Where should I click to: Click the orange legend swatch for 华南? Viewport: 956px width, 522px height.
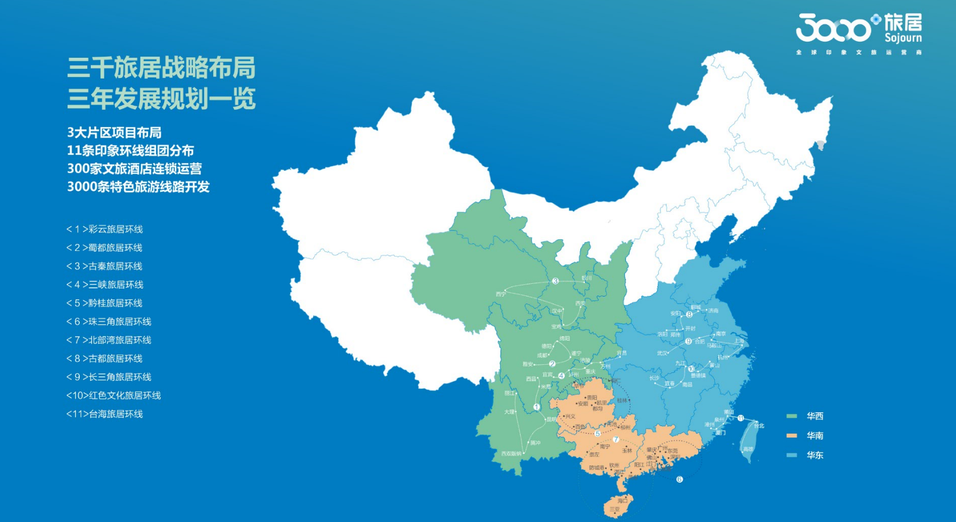coord(792,436)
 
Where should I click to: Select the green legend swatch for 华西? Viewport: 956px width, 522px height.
coord(792,416)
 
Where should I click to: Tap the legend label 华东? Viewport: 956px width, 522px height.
coord(815,456)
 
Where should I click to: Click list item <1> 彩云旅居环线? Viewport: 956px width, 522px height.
coord(105,229)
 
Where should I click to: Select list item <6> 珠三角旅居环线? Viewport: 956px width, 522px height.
coord(109,322)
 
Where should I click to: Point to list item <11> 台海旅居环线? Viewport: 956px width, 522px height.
coord(105,414)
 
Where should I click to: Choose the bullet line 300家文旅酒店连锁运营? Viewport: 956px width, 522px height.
coord(134,169)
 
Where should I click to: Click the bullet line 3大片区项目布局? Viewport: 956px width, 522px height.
coord(114,132)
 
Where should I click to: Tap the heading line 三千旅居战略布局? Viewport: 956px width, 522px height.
coord(161,68)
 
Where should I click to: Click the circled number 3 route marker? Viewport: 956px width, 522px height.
coord(555,281)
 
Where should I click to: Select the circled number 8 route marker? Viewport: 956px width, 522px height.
coord(689,314)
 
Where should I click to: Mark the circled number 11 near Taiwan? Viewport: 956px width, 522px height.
coord(740,418)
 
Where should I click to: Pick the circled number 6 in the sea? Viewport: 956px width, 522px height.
coord(680,479)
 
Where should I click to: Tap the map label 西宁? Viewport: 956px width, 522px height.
coord(501,294)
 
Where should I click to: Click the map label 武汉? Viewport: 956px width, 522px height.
coord(662,353)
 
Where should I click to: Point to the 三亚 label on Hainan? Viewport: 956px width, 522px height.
coord(614,509)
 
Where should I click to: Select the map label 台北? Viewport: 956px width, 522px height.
coord(759,426)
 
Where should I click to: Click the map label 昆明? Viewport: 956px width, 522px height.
coord(551,420)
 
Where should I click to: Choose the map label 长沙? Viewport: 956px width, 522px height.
coord(654,379)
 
